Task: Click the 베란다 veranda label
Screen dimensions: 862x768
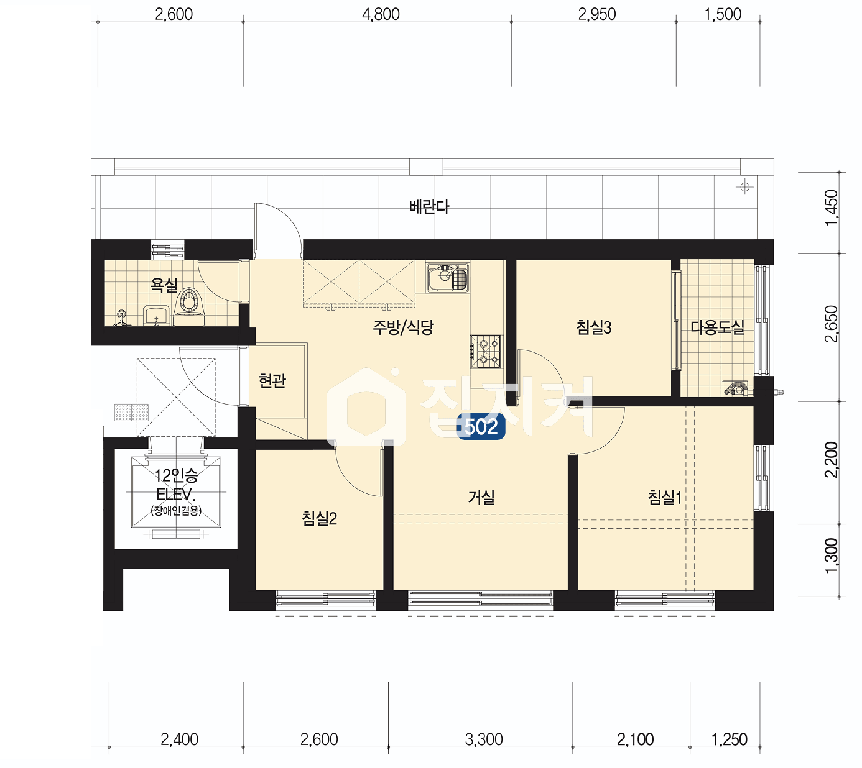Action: (x=429, y=207)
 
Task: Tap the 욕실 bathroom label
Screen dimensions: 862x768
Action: (x=164, y=285)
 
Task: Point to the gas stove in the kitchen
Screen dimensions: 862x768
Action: (x=486, y=352)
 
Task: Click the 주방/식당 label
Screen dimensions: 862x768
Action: (x=403, y=327)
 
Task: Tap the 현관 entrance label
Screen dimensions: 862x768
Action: (x=272, y=380)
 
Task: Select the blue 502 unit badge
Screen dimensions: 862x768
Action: (x=481, y=426)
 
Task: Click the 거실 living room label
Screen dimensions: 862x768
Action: (x=481, y=497)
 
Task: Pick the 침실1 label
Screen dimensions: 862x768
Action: (x=665, y=497)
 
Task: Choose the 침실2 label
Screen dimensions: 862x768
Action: (x=319, y=518)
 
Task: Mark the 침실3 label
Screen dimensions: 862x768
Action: (x=594, y=327)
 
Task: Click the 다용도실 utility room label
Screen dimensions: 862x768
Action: (x=717, y=327)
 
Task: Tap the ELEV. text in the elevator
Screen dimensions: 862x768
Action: (x=176, y=494)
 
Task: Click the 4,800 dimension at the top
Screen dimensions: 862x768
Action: (x=381, y=14)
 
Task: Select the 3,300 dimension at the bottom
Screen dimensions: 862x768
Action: (x=484, y=739)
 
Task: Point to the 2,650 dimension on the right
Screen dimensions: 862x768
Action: (x=831, y=324)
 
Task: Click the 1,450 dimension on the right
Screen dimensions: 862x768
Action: (x=831, y=208)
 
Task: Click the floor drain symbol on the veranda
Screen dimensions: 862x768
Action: (x=744, y=186)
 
